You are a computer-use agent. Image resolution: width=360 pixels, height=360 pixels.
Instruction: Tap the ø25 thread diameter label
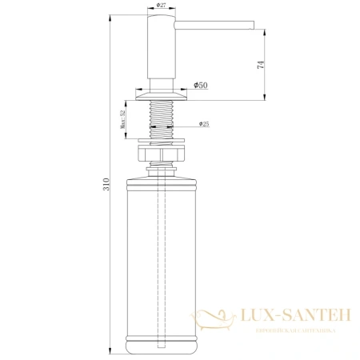point(203,124)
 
